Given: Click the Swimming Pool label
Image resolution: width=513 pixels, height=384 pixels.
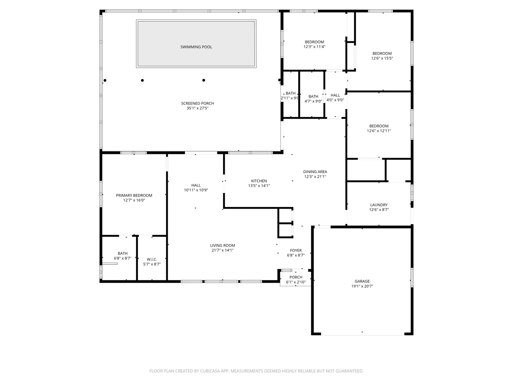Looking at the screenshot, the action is tap(196, 47).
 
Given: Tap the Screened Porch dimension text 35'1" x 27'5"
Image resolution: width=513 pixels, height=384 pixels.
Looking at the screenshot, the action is tap(197, 108).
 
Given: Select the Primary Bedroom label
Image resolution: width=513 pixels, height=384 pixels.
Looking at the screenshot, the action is tap(134, 196).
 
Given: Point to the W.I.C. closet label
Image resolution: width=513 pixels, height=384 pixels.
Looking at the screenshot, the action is tap(152, 259).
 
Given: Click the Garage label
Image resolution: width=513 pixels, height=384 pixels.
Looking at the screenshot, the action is tap(362, 281).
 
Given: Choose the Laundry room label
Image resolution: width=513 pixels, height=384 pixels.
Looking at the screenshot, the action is tap(379, 205).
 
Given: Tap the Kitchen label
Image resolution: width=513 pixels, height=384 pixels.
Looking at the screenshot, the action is tap(259, 181).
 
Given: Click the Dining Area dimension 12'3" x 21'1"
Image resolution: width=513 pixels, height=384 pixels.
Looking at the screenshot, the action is tap(315, 176).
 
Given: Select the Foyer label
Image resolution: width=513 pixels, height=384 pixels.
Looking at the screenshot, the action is tap(296, 250).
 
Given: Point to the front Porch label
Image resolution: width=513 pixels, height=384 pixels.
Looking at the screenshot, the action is tap(296, 277).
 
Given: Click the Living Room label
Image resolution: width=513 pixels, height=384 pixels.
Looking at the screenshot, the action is tap(222, 245).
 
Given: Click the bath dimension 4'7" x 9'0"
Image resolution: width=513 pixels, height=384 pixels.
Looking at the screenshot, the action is tap(313, 101).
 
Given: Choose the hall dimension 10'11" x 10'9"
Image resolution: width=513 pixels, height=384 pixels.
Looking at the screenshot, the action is tap(196, 190).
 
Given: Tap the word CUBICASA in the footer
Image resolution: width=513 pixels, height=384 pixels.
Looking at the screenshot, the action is tap(209, 371).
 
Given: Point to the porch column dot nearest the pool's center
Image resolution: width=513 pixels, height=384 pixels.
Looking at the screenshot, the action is tap(203, 80).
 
